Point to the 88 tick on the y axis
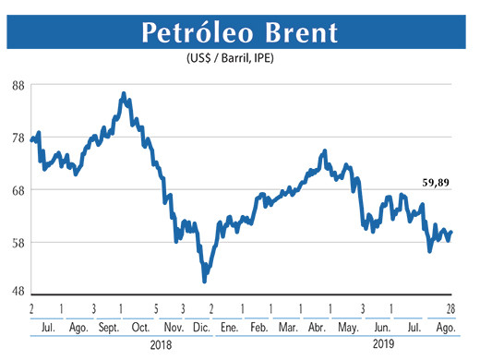coord(18,85)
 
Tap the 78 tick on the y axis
coord(18,138)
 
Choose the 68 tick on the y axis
coord(18,190)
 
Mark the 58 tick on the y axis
coord(18,243)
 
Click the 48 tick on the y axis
coord(18,292)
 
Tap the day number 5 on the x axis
coord(157,308)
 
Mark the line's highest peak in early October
coord(124,93)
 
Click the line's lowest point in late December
coord(204,281)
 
